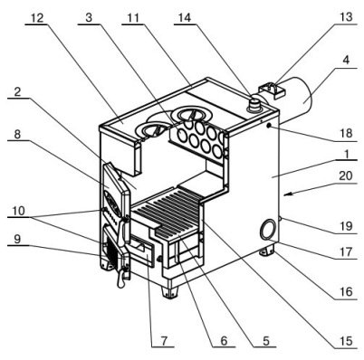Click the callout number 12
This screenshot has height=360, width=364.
pyautogui.click(x=37, y=18)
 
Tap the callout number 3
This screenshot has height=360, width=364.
pyautogui.click(x=89, y=18)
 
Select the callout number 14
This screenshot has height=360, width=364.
pyautogui.click(x=185, y=18)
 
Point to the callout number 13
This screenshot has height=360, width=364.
pyautogui.click(x=346, y=16)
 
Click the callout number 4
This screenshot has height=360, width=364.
pyautogui.click(x=346, y=61)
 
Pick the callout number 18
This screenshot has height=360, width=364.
pyautogui.click(x=346, y=133)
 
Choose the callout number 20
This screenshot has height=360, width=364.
pyautogui.click(x=346, y=175)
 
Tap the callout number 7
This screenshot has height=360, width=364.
pyautogui.click(x=163, y=341)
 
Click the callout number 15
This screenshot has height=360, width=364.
pyautogui.click(x=346, y=341)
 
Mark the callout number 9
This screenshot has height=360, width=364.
pyautogui.click(x=17, y=239)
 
